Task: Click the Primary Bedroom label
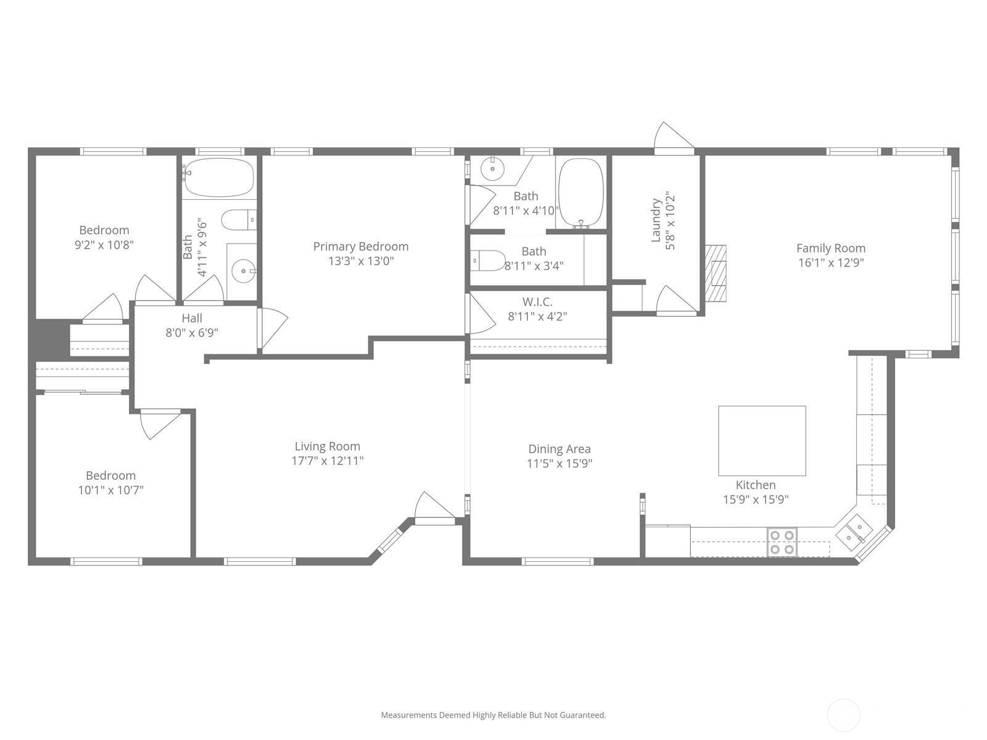tap(361, 247)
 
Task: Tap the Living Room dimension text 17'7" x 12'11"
tap(328, 461)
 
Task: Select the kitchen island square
tap(762, 440)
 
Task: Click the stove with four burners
tap(782, 542)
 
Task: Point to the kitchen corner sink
tap(854, 533)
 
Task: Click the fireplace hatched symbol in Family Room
tap(716, 273)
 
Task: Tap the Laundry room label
tap(656, 220)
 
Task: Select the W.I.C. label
tap(537, 302)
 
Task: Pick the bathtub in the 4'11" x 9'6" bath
tap(219, 177)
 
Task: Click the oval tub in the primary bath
tap(580, 192)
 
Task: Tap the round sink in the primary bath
tap(492, 168)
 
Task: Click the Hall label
tap(192, 318)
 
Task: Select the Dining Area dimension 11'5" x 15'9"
tap(560, 464)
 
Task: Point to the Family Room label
tap(830, 248)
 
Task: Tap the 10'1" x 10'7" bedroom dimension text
tap(111, 490)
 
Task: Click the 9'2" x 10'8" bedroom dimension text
tap(104, 245)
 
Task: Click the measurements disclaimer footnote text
tap(493, 715)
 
